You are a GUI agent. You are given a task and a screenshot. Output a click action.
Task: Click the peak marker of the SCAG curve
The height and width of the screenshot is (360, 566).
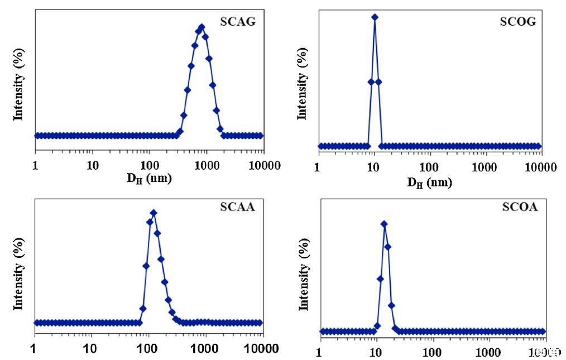(x=202, y=27)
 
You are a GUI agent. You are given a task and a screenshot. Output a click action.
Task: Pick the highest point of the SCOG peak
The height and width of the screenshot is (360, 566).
(x=375, y=17)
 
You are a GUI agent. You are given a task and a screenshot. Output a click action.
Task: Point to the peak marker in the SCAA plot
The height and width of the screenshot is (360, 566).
(x=154, y=213)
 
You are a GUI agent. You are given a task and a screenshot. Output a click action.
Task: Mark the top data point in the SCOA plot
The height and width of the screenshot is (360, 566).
(x=384, y=224)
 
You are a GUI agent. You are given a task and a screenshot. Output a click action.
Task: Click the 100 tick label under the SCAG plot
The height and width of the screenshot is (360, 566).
(x=149, y=165)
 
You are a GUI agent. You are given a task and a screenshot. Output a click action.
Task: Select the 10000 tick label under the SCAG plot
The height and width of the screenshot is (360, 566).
(x=263, y=165)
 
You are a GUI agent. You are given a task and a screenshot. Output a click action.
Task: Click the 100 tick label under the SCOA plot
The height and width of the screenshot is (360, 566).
(x=432, y=352)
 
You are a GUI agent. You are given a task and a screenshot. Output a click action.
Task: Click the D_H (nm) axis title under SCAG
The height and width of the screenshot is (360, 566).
(x=149, y=179)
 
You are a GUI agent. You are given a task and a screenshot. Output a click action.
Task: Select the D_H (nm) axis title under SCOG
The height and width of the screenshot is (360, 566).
(x=429, y=182)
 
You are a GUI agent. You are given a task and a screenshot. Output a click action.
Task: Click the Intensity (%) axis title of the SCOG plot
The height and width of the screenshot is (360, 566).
(x=303, y=84)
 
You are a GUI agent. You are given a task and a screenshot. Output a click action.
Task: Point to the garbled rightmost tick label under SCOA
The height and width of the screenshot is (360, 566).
(x=546, y=352)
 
